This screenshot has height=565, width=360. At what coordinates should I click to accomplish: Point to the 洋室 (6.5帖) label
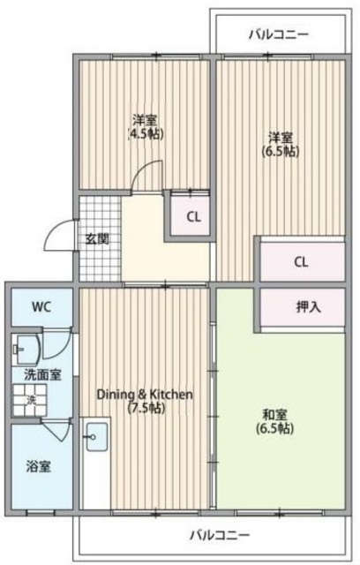(281, 144)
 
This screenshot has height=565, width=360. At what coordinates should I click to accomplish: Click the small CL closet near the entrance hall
(191, 216)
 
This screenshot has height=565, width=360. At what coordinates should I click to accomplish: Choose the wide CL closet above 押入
(300, 261)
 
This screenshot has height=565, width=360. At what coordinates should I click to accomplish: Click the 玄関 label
(96, 237)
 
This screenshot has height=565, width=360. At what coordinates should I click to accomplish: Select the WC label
(41, 308)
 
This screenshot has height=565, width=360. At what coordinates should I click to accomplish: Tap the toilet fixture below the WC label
(23, 347)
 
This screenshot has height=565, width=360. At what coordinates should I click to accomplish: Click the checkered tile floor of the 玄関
(99, 216)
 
